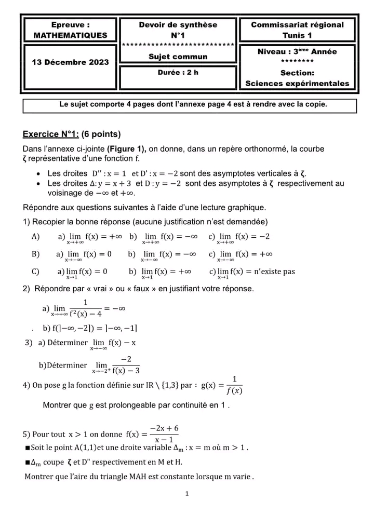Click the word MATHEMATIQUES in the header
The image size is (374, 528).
(x=70, y=35)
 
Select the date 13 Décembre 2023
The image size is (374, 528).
(x=70, y=62)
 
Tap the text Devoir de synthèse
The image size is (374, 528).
(x=178, y=25)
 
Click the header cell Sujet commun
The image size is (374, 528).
(x=178, y=57)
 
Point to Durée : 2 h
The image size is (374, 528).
(x=178, y=73)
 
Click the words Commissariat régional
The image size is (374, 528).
(x=297, y=25)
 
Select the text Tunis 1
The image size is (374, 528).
(x=297, y=35)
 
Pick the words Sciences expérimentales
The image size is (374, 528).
(x=297, y=84)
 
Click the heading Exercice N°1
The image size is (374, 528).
(x=50, y=135)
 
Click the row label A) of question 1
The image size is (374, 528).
(x=36, y=237)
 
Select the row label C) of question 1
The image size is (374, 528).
(x=36, y=272)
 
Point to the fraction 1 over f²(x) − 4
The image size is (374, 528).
(x=85, y=308)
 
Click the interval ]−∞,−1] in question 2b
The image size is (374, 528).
(x=121, y=328)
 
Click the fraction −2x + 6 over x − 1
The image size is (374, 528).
(x=164, y=434)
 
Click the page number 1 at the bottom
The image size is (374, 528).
(x=187, y=494)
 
